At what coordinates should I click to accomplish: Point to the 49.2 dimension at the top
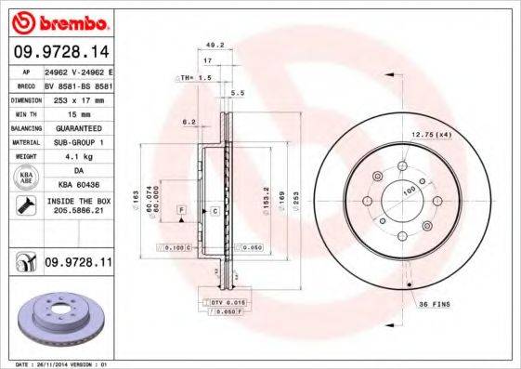(x=215, y=44)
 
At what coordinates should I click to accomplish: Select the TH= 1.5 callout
(x=195, y=78)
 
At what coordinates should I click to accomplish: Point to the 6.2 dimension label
(x=189, y=121)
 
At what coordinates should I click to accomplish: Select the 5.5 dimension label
(x=237, y=93)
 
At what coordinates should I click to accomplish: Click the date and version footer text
(x=58, y=363)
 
